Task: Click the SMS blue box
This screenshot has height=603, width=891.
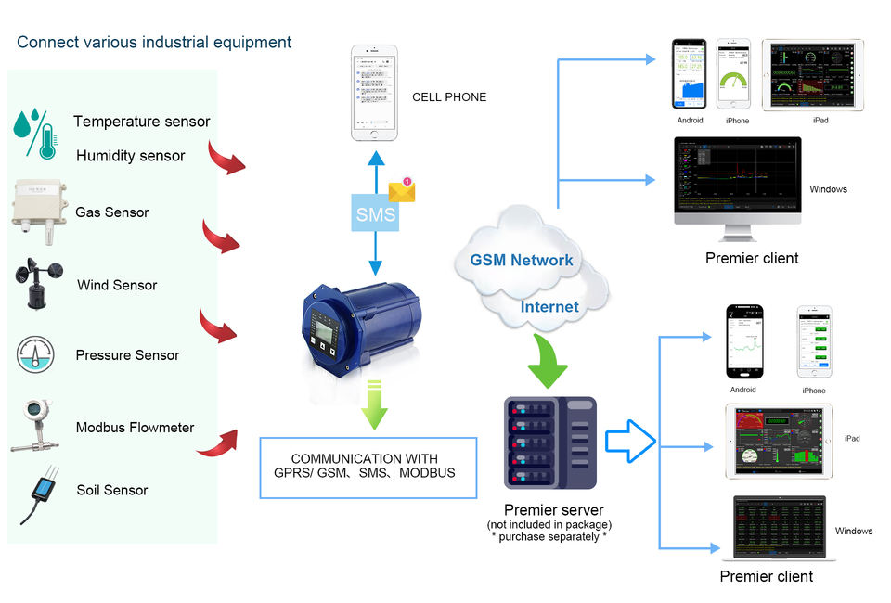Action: (x=376, y=214)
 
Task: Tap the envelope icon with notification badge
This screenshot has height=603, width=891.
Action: (x=402, y=190)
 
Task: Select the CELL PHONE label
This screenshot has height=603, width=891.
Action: (x=449, y=96)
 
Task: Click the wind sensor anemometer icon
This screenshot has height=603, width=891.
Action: (x=40, y=283)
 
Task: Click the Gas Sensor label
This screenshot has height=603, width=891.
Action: (x=112, y=212)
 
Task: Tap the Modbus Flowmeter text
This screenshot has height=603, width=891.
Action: (x=135, y=428)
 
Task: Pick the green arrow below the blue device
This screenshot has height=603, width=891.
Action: (x=374, y=404)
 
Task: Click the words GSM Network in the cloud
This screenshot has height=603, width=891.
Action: (x=522, y=260)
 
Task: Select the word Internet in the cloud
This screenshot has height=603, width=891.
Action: (x=549, y=306)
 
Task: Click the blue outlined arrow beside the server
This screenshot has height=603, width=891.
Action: (x=630, y=440)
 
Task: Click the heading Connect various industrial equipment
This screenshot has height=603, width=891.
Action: (x=154, y=43)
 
